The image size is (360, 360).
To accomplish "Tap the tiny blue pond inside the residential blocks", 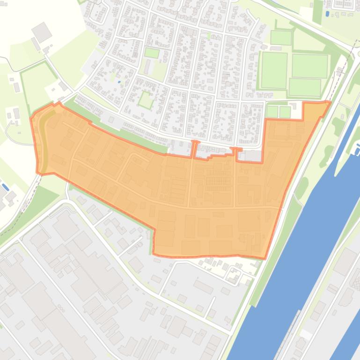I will point(119,82).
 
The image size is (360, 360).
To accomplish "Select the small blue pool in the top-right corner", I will point(327,14).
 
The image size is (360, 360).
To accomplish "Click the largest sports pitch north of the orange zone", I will point(309,66).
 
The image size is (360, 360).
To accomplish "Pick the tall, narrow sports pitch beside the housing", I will point(274,70).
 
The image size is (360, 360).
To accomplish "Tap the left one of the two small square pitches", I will point(272,112).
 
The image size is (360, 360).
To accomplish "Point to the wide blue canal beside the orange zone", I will point(300,262).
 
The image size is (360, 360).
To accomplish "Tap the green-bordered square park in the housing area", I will point(146,100).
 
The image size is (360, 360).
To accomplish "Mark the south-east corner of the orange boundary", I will point(265,258).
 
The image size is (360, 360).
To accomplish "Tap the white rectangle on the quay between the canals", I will point(305,334).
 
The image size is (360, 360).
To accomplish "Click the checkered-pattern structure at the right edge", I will point(357,150).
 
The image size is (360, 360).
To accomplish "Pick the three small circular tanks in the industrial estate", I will point(60,309).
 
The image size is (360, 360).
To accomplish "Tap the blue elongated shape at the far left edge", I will point(5,187).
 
